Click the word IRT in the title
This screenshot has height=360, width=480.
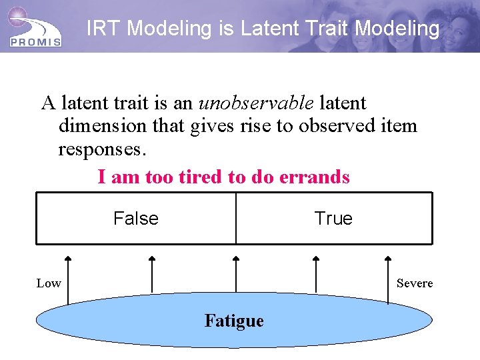[105, 29]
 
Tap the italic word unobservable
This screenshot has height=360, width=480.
[256, 103]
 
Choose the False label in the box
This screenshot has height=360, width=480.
[136, 219]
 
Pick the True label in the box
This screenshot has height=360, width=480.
[333, 219]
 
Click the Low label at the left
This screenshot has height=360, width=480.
[49, 283]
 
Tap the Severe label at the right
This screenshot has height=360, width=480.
[414, 283]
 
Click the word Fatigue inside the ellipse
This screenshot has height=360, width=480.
[234, 321]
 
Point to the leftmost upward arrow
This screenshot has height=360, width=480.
[67, 280]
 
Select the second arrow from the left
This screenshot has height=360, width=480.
[152, 273]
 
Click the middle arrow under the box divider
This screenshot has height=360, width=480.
[235, 273]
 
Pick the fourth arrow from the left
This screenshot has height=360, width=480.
[317, 273]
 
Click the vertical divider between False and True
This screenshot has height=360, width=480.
[235, 219]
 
